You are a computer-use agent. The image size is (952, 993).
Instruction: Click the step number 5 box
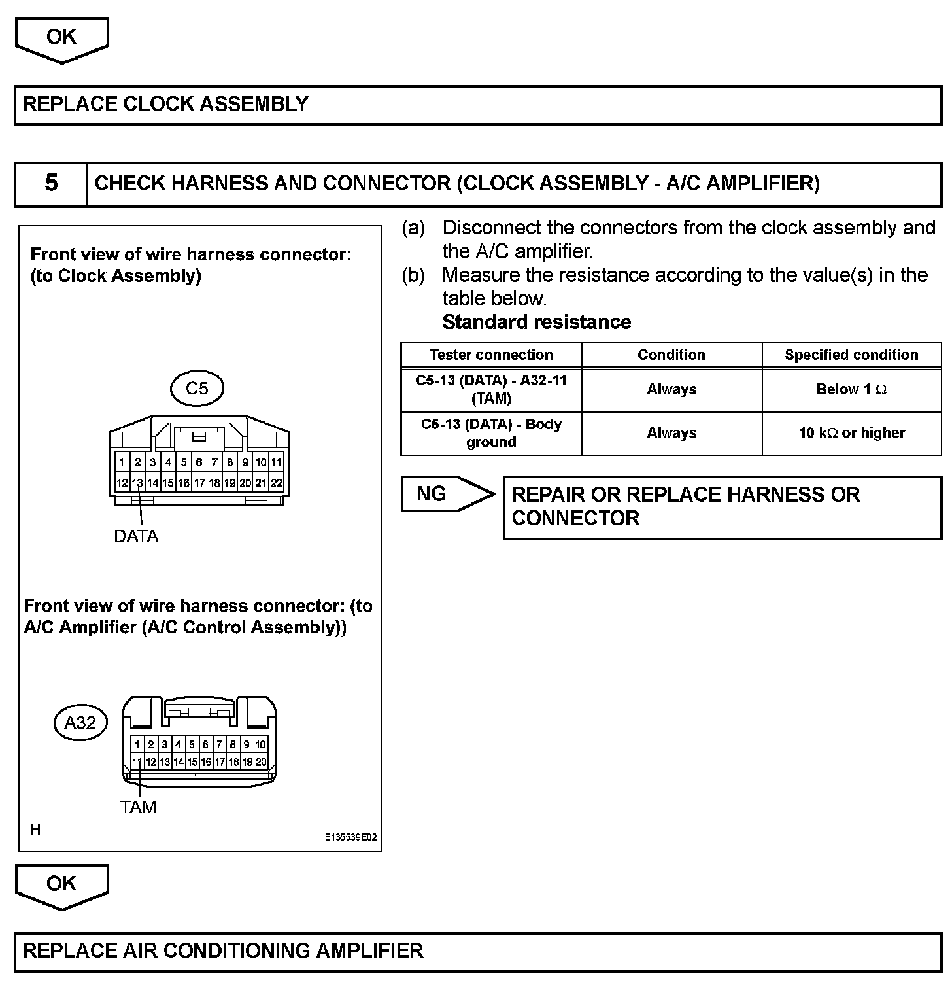tap(51, 183)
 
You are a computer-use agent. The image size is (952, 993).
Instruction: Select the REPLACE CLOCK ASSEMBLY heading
tap(165, 104)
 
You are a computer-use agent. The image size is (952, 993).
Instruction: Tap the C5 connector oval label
tap(197, 389)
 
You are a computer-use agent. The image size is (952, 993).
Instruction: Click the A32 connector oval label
tap(80, 723)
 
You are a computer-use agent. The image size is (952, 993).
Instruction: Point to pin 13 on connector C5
tap(137, 483)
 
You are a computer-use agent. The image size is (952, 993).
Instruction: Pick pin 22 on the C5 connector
tap(276, 483)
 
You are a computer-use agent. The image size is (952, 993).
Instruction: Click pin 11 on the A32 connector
tap(137, 762)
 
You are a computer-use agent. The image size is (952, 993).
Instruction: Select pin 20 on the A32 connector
tap(261, 762)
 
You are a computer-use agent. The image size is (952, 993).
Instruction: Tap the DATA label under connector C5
tap(136, 536)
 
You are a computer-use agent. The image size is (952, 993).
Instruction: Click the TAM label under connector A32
tap(138, 807)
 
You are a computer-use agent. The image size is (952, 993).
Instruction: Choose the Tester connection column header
tap(491, 355)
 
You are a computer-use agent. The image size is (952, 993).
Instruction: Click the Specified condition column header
tap(851, 355)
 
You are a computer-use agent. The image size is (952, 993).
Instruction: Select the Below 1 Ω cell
tap(851, 390)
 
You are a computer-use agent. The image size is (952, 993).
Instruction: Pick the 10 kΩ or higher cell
tap(851, 433)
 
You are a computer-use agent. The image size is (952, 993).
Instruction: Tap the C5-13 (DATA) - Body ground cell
tap(491, 433)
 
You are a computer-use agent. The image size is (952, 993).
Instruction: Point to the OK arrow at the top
tap(61, 38)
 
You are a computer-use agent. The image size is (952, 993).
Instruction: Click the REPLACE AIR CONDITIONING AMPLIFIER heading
tap(223, 950)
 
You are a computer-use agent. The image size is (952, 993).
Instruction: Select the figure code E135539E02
tap(350, 837)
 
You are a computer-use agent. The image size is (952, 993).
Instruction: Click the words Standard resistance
tap(537, 322)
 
